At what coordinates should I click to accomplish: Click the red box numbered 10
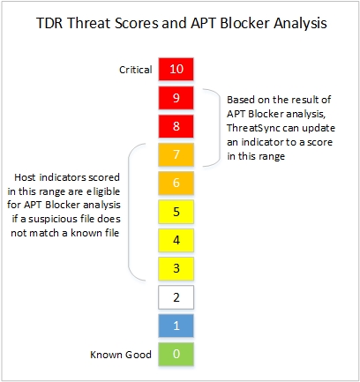[176, 69]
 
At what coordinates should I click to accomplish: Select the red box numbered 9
[176, 97]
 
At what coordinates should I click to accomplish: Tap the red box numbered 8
[176, 126]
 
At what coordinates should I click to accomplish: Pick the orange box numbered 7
[176, 155]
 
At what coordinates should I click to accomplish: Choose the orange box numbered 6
[176, 184]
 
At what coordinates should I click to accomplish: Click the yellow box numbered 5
[176, 212]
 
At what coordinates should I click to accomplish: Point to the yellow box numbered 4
[176, 240]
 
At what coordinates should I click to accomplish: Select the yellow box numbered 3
[176, 268]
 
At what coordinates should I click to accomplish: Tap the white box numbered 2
[176, 297]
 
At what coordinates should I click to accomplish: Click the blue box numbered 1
[176, 326]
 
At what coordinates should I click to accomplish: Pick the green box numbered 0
[176, 355]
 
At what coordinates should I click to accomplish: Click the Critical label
[134, 69]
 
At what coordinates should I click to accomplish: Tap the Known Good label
[120, 355]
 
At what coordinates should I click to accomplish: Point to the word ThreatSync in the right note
[258, 129]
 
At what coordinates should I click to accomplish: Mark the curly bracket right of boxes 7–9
[210, 126]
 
